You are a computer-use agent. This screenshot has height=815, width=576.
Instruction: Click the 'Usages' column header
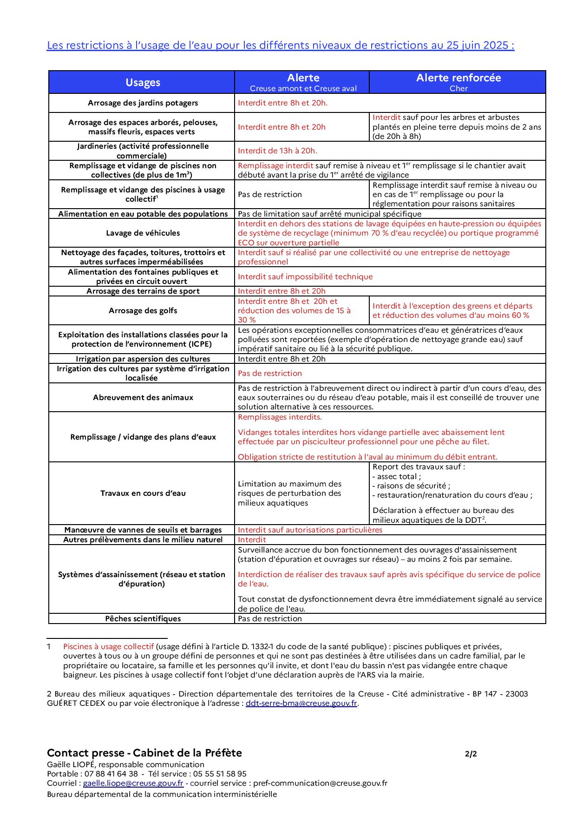point(143,83)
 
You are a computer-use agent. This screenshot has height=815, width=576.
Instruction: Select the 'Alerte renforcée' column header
point(458,78)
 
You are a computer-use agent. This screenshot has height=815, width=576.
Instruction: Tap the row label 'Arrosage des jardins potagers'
point(143,103)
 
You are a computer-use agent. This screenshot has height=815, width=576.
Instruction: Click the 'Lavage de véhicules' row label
point(143,233)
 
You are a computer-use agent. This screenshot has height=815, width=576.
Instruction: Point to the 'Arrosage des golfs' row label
point(143,311)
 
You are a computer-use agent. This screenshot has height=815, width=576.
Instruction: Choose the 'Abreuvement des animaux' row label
point(143,398)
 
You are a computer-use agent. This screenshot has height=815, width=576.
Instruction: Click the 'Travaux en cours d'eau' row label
point(143,493)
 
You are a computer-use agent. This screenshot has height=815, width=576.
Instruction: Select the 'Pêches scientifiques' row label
point(143,619)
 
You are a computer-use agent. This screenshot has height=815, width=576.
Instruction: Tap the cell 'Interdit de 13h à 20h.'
point(277,151)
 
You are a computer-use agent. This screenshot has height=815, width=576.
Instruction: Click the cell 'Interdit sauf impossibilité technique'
point(305,277)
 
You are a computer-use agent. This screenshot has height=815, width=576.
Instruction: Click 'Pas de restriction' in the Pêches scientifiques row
point(270,619)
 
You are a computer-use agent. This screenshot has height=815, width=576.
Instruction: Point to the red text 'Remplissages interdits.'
point(280,417)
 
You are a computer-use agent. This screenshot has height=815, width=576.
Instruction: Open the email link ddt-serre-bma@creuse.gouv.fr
point(301,703)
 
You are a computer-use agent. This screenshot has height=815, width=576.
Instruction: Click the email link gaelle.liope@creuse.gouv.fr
point(133,783)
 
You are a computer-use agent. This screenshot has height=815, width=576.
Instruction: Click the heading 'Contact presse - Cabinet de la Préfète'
point(144,753)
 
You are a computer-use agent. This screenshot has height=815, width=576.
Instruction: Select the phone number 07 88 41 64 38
point(111,774)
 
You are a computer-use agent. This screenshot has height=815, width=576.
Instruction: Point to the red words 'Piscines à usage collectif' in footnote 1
point(108,647)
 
